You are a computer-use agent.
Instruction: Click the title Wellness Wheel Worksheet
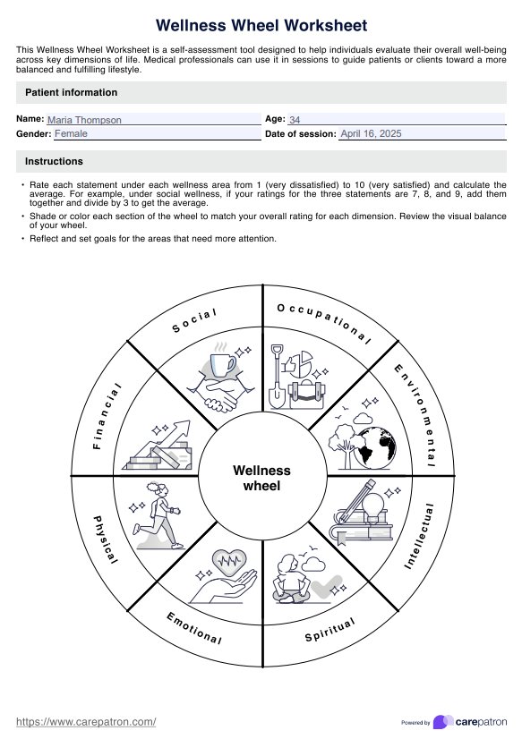coord(261,26)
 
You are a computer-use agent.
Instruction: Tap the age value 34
coord(295,119)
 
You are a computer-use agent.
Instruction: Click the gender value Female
coord(72,133)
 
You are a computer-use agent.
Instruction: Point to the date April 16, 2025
coord(371,133)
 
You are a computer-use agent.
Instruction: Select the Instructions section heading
coord(54,161)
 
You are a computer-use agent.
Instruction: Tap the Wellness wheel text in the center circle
coord(261,478)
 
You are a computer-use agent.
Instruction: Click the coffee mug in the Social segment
coord(222,363)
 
